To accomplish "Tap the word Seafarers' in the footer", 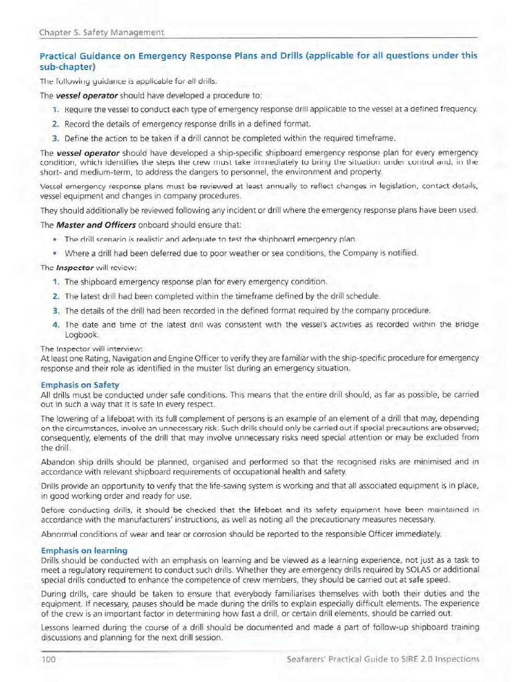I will pyautogui.click(x=307, y=659).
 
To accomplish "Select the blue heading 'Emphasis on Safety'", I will pyautogui.click(x=80, y=385).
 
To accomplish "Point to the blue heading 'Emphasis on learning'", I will pyautogui.click(x=84, y=551).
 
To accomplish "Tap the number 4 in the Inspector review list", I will pyautogui.click(x=55, y=324).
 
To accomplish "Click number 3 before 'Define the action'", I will pyautogui.click(x=55, y=139).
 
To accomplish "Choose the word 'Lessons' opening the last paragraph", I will pyautogui.click(x=57, y=627).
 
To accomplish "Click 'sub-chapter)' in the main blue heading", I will pyautogui.click(x=68, y=67).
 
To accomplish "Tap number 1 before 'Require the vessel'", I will pyautogui.click(x=55, y=109).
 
